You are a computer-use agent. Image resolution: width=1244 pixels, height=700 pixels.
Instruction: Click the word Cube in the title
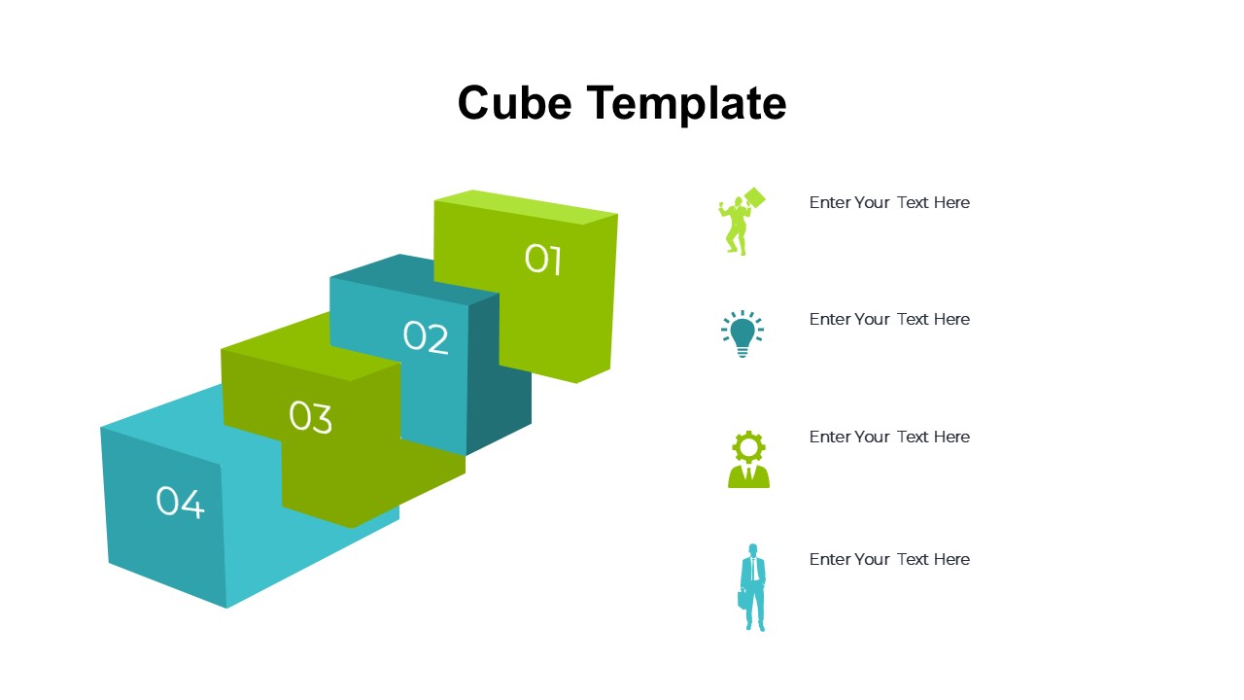514,103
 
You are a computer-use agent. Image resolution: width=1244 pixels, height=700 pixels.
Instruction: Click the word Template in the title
686,104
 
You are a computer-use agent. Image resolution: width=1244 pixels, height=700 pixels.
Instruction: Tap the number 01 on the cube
543,259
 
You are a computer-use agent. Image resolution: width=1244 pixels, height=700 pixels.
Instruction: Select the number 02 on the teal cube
426,336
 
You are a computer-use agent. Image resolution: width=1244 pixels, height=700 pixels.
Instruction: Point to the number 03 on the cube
311,417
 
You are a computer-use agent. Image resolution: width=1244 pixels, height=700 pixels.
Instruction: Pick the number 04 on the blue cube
180,503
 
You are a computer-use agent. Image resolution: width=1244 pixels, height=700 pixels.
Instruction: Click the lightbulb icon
743,333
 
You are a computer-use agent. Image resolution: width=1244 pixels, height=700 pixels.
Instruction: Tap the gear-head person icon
748,460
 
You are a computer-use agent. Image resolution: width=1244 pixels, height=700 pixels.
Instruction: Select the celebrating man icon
742,221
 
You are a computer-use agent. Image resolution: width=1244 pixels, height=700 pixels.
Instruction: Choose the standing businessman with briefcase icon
752,587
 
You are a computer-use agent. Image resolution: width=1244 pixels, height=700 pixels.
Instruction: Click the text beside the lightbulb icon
889,320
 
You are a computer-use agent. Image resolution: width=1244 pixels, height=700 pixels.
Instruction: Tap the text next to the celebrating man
889,203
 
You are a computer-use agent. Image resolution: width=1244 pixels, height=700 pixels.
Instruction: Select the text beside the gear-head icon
889,437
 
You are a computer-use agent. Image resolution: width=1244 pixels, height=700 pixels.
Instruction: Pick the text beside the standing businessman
889,559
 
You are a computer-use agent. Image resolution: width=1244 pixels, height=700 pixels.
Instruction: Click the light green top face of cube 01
527,207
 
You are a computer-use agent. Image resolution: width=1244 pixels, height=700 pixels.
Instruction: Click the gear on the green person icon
748,446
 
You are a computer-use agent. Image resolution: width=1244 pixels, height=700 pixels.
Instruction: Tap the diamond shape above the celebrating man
755,197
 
